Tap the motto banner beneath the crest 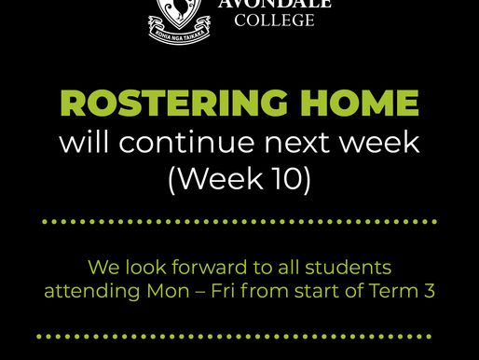tap(180, 34)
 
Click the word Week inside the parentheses tap(224, 178)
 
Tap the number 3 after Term tap(430, 290)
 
